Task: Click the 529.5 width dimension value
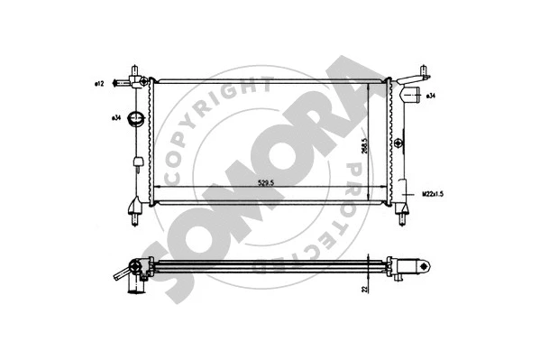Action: [264, 180]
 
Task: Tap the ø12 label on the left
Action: [100, 83]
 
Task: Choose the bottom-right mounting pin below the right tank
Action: [400, 213]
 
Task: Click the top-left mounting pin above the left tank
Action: [135, 70]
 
